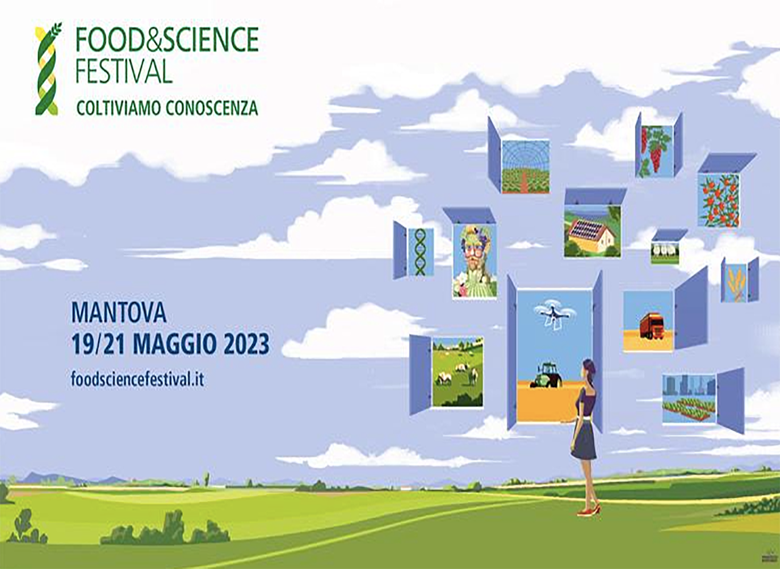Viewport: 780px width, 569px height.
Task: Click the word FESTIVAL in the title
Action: [124, 70]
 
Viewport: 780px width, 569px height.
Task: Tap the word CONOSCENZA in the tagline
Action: [211, 108]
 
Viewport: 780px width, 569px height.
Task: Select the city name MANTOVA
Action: [119, 313]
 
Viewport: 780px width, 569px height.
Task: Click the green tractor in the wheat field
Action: [546, 375]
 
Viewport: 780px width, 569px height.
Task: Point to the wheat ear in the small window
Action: [736, 283]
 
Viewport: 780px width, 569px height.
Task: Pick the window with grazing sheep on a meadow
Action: [457, 372]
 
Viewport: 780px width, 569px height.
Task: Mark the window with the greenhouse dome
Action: [526, 166]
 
